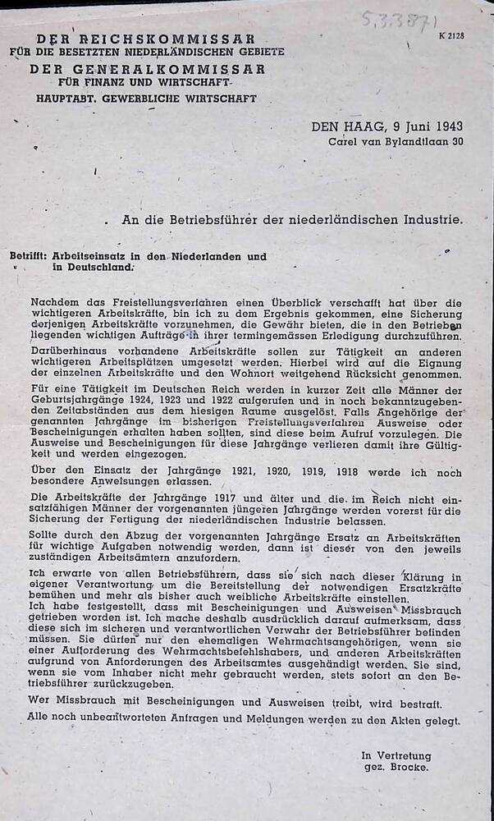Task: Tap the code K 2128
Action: tap(451, 35)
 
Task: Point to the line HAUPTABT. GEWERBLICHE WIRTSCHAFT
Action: tap(146, 98)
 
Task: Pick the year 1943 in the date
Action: tap(446, 126)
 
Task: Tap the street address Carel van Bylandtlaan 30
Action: tap(396, 141)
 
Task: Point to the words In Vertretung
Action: tap(396, 755)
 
